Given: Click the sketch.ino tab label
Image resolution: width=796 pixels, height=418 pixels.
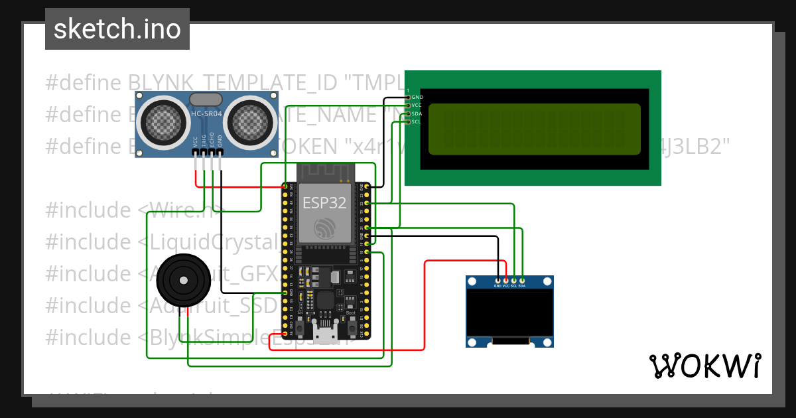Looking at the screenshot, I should coord(117,30).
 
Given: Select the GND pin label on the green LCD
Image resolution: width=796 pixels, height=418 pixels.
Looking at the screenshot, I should coord(417,98).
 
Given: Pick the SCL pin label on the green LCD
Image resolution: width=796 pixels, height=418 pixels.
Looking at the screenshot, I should coord(417,121).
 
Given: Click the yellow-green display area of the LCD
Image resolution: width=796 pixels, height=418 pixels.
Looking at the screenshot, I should coord(535,129).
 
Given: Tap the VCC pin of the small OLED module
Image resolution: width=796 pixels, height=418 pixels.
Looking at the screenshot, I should coord(505,285).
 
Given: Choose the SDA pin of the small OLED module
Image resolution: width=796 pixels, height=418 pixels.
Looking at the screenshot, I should coord(522,285).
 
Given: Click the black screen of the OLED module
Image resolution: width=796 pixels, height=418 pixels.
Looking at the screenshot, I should coord(509,312).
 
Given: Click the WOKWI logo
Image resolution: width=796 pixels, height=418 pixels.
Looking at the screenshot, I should coord(704,366).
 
